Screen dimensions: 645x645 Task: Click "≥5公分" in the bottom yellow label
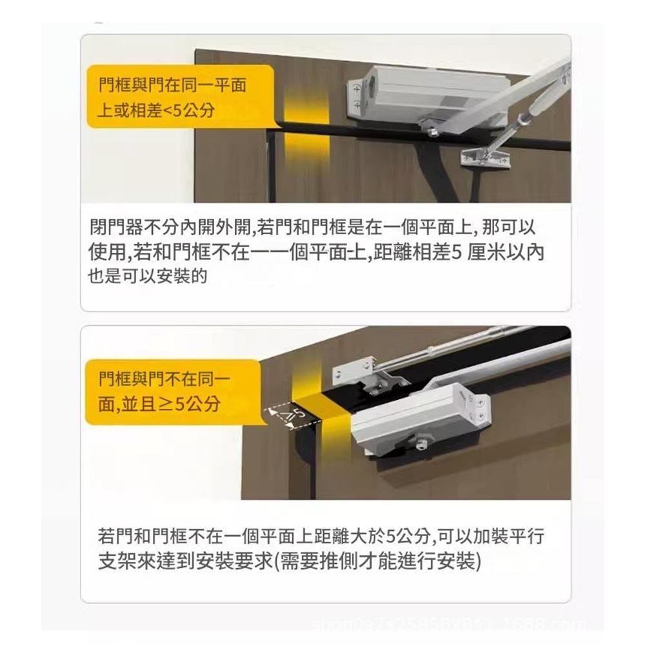(x=190, y=404)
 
